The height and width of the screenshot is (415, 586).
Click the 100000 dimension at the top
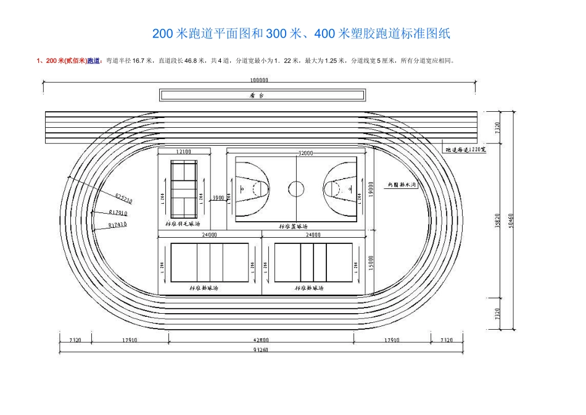(259, 81)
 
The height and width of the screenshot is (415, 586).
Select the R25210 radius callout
(123, 198)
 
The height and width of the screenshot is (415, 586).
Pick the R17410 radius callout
(117, 225)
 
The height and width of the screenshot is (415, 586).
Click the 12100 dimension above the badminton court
(183, 151)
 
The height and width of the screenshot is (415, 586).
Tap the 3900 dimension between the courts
(218, 198)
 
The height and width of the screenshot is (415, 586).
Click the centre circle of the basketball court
(297, 188)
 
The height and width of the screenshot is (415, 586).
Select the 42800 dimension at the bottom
(261, 340)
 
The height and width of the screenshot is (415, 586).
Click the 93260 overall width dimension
(260, 351)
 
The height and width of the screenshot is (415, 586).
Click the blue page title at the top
(301, 34)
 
